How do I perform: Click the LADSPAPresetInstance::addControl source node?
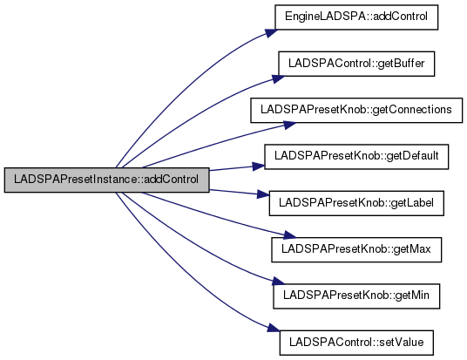click(107, 180)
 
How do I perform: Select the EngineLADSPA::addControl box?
click(356, 17)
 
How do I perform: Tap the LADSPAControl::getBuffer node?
click(356, 64)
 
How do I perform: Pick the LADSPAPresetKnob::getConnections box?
click(356, 110)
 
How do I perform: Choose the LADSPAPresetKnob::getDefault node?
click(356, 157)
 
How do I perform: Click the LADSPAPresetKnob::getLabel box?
click(356, 203)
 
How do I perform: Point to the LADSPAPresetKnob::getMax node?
click(356, 250)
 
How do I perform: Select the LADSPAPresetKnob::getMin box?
click(356, 296)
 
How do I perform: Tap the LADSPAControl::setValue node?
click(356, 343)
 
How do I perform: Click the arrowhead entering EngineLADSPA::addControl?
click(271, 33)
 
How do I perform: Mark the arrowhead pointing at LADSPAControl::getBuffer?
click(278, 79)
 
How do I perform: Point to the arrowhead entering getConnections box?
click(289, 126)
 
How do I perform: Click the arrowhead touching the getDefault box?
click(258, 166)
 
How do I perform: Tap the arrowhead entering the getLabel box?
click(263, 194)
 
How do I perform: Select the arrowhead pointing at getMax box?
click(289, 235)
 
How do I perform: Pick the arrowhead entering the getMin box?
click(279, 282)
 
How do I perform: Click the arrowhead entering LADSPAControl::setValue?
click(273, 328)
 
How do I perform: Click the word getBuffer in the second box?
click(401, 64)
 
